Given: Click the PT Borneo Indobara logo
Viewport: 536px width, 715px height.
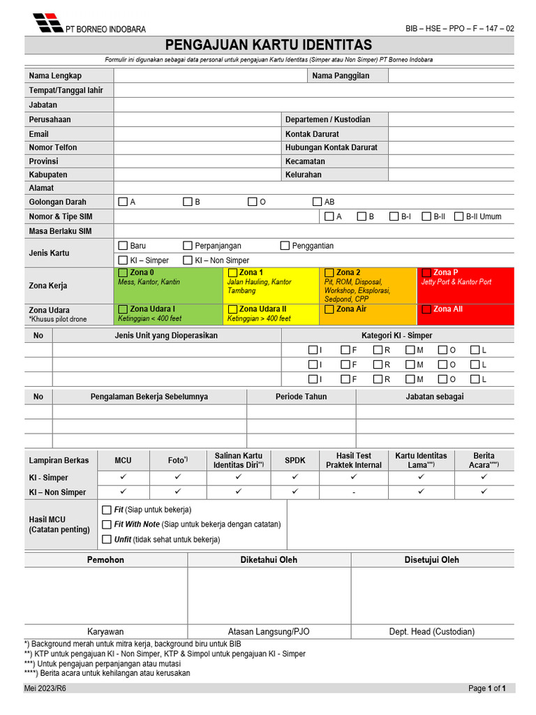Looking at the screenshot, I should pyautogui.click(x=47, y=22).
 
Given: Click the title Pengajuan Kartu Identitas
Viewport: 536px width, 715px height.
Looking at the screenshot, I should pyautogui.click(x=269, y=45).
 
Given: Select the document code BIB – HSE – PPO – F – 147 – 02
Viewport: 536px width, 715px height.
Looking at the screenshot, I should pyautogui.click(x=460, y=29).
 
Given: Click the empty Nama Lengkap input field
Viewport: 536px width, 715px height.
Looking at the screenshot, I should pyautogui.click(x=209, y=75).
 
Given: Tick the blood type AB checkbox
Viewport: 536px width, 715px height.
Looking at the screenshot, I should pyautogui.click(x=318, y=202).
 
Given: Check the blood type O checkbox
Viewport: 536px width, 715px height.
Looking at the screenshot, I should pyautogui.click(x=253, y=202).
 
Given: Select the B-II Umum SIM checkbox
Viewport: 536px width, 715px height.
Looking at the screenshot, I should pyautogui.click(x=459, y=216).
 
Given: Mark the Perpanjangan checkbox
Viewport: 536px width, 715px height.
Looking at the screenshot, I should pyautogui.click(x=188, y=246).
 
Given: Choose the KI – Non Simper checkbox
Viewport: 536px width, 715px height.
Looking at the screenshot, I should pyautogui.click(x=188, y=260).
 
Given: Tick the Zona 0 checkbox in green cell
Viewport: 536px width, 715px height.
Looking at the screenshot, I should pyautogui.click(x=124, y=272).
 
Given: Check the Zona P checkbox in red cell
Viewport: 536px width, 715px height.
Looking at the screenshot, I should pyautogui.click(x=426, y=272).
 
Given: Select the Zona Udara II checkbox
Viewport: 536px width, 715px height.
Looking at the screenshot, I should pyautogui.click(x=232, y=309).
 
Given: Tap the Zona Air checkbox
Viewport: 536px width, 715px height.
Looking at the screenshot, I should pyautogui.click(x=329, y=309).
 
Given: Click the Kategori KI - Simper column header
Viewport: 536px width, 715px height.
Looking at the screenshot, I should pyautogui.click(x=396, y=335).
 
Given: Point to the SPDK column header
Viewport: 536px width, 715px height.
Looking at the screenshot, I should pyautogui.click(x=295, y=460).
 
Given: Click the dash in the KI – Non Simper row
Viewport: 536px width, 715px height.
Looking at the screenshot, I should pyautogui.click(x=354, y=492).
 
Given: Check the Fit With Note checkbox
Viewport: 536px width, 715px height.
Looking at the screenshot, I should pyautogui.click(x=107, y=524).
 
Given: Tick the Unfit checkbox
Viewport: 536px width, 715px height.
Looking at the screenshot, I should pyautogui.click(x=107, y=539).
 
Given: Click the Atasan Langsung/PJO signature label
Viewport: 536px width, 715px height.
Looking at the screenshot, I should pyautogui.click(x=269, y=631).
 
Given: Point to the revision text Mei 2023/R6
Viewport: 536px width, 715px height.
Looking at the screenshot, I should pyautogui.click(x=45, y=688).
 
